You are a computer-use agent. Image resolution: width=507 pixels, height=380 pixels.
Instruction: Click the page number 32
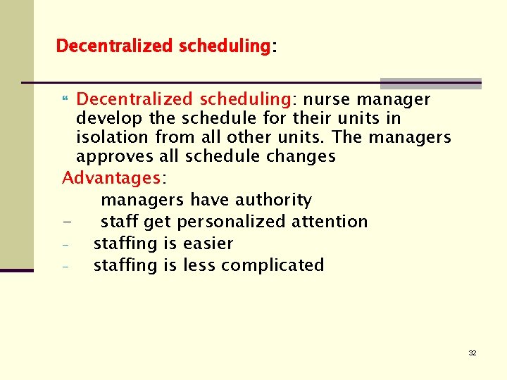point(472,353)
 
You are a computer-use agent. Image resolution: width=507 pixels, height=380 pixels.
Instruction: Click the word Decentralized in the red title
point(114,46)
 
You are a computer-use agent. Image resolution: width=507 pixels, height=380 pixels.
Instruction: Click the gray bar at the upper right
point(430,83)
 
